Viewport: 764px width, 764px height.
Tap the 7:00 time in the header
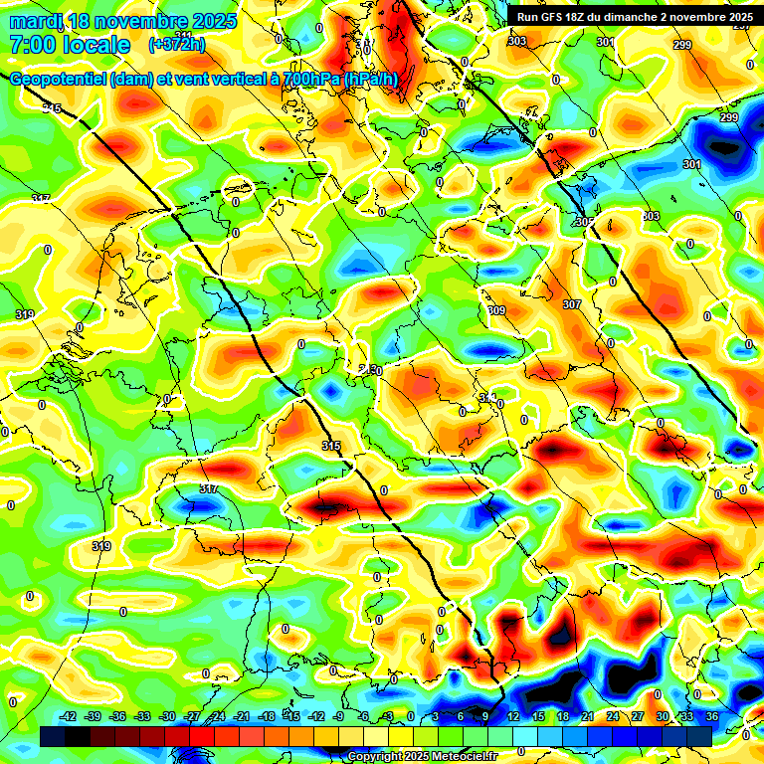[29, 45]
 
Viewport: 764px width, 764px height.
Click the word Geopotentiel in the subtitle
[56, 81]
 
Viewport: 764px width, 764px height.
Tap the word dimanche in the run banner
[641, 16]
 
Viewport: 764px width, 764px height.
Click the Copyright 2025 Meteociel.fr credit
[422, 757]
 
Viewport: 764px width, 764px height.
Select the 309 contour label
[496, 311]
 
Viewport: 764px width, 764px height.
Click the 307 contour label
[571, 304]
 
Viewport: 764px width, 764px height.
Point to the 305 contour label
[585, 222]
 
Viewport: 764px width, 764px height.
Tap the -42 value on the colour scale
[69, 716]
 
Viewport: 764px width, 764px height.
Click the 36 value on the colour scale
[711, 716]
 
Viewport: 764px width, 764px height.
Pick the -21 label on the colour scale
[242, 716]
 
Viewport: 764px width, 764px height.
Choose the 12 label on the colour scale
[513, 716]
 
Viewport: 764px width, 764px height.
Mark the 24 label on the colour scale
[612, 716]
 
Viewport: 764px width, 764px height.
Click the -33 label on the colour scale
[142, 716]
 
